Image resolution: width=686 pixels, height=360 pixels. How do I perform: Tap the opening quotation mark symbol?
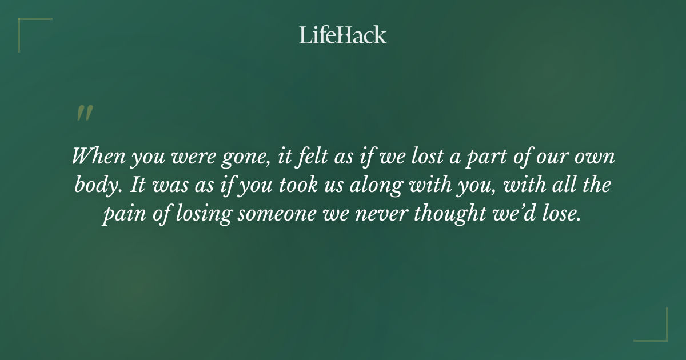pos(85,113)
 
